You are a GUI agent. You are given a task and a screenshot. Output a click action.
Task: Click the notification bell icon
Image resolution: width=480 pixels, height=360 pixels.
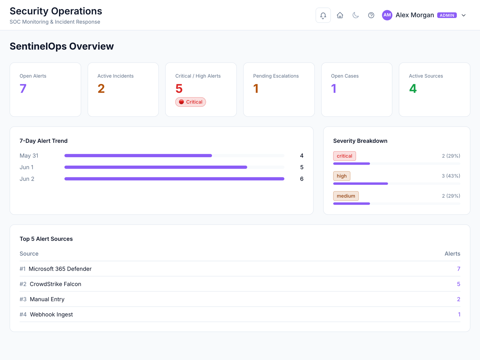pyautogui.click(x=323, y=15)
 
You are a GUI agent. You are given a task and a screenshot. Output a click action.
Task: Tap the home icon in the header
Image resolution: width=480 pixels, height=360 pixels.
pyautogui.click(x=340, y=15)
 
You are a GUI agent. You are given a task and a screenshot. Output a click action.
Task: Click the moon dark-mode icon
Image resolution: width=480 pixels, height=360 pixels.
pyautogui.click(x=355, y=15)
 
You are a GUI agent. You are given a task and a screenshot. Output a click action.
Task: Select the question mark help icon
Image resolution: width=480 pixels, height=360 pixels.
pyautogui.click(x=371, y=15)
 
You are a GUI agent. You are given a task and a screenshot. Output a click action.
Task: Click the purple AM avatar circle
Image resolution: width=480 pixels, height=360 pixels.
pyautogui.click(x=387, y=15)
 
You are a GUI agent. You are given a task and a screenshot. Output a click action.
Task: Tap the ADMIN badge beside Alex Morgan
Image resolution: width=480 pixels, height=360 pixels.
pyautogui.click(x=447, y=15)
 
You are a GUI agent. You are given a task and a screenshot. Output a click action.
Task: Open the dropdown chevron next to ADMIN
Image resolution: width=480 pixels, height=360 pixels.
pyautogui.click(x=463, y=15)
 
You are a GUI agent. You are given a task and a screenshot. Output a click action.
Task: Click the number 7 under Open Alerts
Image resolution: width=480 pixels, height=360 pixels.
pyautogui.click(x=23, y=88)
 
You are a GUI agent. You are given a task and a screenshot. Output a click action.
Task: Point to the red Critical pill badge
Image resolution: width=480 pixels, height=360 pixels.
pyautogui.click(x=190, y=102)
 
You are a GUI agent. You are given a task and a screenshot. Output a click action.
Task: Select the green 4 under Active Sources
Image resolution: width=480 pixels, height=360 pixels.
pyautogui.click(x=413, y=88)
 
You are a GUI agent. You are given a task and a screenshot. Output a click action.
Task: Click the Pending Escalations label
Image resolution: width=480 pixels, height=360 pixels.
pyautogui.click(x=276, y=76)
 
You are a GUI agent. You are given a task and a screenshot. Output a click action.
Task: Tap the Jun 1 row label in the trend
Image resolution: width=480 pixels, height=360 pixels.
pyautogui.click(x=26, y=167)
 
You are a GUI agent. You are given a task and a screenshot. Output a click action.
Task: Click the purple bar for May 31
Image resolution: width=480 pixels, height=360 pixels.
pyautogui.click(x=138, y=156)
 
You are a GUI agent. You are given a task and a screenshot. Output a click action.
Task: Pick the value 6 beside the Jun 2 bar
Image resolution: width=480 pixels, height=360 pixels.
pyautogui.click(x=301, y=179)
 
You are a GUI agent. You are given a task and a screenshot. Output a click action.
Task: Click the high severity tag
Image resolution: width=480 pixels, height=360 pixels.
pyautogui.click(x=342, y=176)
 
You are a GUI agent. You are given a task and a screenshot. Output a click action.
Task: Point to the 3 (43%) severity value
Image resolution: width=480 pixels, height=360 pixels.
pyautogui.click(x=451, y=176)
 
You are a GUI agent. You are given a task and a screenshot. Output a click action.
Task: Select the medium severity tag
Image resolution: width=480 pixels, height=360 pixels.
pyautogui.click(x=346, y=196)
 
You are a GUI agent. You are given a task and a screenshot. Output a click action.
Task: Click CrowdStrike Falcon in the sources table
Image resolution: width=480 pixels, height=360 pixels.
pyautogui.click(x=55, y=284)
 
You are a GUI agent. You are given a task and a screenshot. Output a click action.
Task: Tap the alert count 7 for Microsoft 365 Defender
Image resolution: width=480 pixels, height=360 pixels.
pyautogui.click(x=459, y=269)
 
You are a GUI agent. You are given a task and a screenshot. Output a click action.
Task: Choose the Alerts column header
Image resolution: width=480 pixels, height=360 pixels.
pyautogui.click(x=452, y=253)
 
